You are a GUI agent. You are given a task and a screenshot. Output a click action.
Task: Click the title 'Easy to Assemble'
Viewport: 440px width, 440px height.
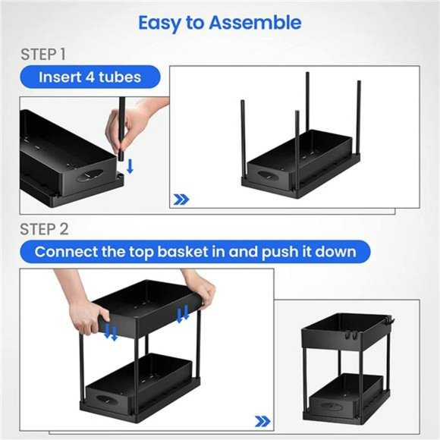click(x=219, y=23)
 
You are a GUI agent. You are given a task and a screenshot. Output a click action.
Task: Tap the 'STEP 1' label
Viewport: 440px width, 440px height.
click(x=44, y=55)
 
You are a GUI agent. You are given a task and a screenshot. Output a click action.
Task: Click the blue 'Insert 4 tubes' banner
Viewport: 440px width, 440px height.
click(x=90, y=77)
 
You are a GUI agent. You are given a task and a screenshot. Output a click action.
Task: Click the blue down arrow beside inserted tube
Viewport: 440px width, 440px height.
click(x=130, y=165)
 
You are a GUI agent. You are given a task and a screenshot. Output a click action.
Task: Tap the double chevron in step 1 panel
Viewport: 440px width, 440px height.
click(x=181, y=200)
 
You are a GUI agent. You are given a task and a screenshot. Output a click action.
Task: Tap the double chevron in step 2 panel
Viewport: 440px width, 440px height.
click(x=262, y=420)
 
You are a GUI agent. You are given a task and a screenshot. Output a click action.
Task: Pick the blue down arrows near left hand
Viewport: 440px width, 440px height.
click(x=111, y=332)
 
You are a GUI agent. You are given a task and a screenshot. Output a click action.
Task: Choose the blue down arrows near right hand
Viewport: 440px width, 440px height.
click(x=183, y=313)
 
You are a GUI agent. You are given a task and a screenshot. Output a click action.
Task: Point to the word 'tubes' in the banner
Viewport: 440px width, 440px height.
click(x=121, y=77)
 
